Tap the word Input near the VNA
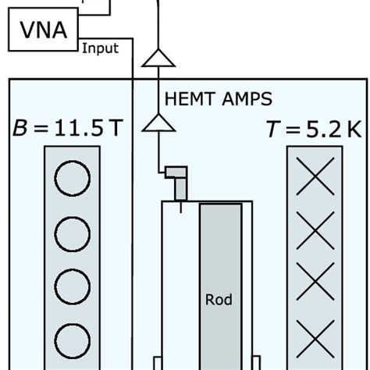(x=100, y=48)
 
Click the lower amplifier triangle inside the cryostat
(x=159, y=122)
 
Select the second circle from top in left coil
(x=73, y=231)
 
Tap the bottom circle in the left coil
(x=73, y=341)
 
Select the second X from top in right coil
(x=315, y=231)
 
